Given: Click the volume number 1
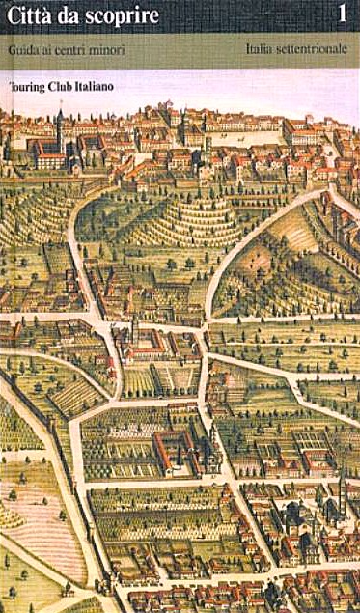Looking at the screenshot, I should (342, 15).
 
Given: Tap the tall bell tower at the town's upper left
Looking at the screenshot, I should (59, 125).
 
